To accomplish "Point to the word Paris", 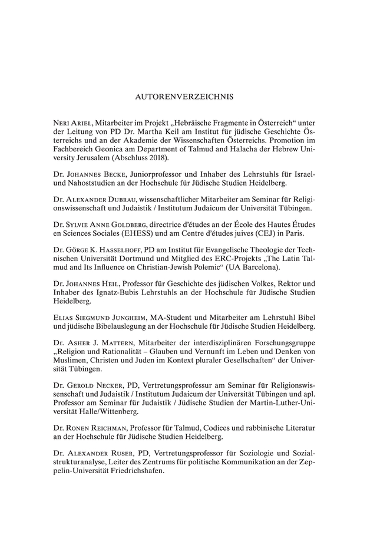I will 301,235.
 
